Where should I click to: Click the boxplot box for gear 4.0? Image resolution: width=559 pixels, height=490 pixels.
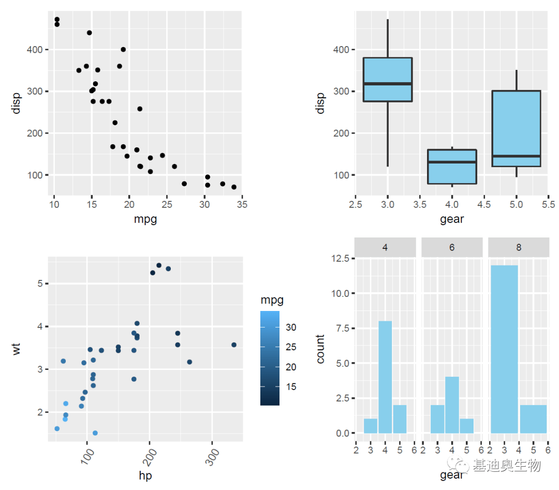(452, 167)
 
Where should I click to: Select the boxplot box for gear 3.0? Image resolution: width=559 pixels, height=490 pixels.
(388, 79)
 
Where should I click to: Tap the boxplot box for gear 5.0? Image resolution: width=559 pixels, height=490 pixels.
(516, 128)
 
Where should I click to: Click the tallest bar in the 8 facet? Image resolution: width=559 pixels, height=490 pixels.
(504, 349)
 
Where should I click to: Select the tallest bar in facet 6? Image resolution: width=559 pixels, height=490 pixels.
(452, 405)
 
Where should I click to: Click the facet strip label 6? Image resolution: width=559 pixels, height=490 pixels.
(452, 247)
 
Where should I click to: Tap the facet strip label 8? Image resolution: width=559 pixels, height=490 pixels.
(518, 247)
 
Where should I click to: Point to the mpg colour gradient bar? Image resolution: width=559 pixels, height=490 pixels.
(270, 358)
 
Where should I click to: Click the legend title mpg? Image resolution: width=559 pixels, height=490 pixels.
(272, 300)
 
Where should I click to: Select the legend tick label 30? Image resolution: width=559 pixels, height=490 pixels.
(291, 327)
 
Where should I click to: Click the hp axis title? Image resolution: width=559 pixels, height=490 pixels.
(145, 476)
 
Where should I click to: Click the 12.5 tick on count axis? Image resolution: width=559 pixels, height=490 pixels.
(341, 258)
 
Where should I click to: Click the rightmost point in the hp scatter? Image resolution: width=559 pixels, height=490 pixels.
(234, 345)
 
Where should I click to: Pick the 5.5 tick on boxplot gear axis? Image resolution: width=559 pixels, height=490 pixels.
(548, 204)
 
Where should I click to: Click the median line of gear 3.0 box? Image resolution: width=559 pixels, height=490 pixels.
(388, 83)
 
